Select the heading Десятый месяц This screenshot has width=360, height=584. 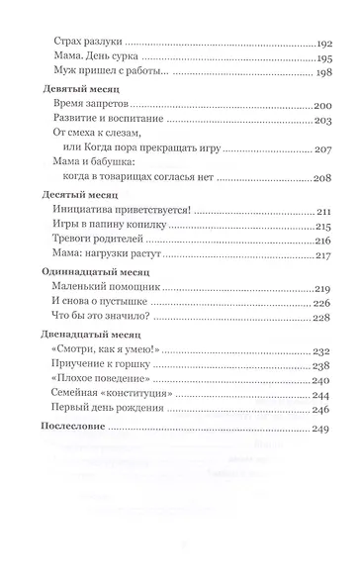point(72,194)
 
